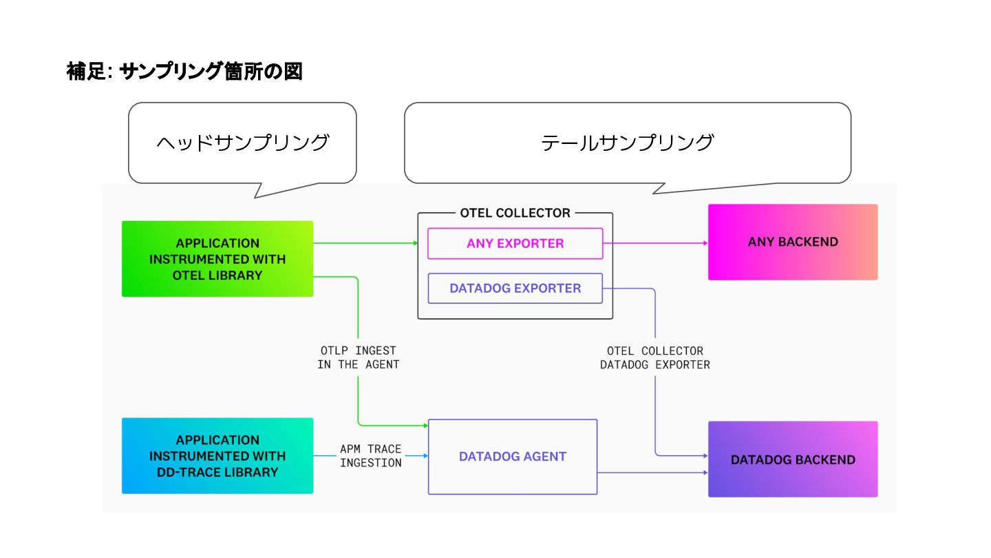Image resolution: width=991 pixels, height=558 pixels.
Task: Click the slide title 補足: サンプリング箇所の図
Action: tap(184, 72)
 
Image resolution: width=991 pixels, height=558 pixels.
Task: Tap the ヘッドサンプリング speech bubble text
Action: tap(242, 143)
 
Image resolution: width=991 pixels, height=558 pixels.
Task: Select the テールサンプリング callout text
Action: tap(628, 143)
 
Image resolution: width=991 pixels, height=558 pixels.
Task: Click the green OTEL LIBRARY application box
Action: tap(217, 259)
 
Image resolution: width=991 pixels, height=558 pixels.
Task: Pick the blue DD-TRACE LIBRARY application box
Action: tap(217, 456)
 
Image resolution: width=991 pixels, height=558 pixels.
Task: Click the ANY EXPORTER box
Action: tap(515, 243)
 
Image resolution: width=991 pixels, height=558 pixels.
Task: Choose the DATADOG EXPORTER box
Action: tap(515, 288)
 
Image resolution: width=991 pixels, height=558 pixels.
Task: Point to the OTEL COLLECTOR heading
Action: tap(515, 213)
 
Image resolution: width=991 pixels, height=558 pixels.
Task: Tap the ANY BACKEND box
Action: tap(793, 242)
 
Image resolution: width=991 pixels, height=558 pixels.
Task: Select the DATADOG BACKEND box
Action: tap(793, 459)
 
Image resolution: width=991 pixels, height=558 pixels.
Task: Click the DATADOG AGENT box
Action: tap(513, 457)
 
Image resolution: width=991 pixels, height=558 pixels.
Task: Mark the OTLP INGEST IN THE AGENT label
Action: tap(359, 358)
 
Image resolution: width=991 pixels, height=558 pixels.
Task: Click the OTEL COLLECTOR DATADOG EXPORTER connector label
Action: tap(654, 358)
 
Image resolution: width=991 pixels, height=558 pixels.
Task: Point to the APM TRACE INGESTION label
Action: tap(371, 456)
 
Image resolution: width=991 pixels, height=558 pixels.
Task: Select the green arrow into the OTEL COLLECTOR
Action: tap(365, 243)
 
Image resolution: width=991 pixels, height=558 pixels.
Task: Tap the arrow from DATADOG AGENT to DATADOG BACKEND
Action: tap(653, 473)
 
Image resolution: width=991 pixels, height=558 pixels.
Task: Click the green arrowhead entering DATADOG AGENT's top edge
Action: tap(425, 426)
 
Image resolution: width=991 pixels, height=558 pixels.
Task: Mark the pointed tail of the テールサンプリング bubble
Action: tap(654, 193)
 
